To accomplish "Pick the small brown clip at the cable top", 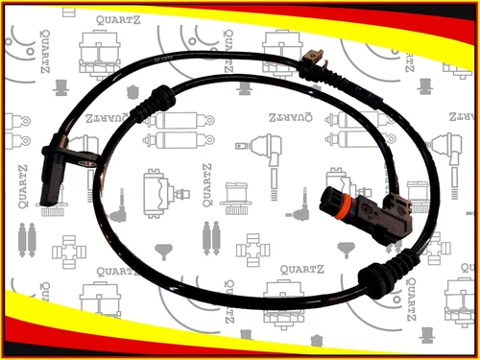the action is [315, 59].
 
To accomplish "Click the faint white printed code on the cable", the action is [163, 59].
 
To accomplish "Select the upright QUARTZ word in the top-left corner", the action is [118, 20].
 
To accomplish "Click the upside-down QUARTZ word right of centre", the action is [291, 117].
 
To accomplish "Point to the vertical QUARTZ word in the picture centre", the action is [207, 185].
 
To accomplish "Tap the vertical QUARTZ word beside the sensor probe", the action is [23, 186].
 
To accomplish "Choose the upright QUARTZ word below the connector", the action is [302, 270].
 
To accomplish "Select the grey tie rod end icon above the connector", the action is [261, 166].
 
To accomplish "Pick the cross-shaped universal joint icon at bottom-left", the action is [69, 252].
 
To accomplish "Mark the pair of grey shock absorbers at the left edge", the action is [27, 240].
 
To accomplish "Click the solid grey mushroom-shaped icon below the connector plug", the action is [347, 250].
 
